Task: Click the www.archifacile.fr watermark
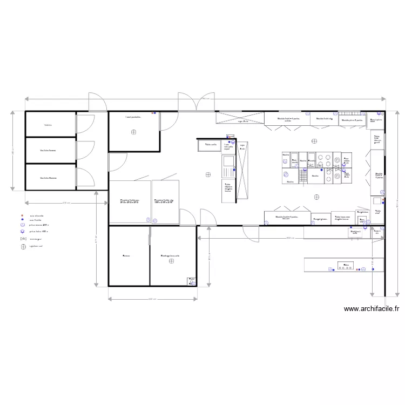[371, 309]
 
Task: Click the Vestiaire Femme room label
[48, 151]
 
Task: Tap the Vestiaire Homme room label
[48, 178]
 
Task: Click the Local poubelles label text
[133, 116]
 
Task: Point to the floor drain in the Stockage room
[171, 261]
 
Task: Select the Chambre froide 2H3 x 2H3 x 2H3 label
[130, 201]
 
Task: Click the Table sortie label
[210, 144]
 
